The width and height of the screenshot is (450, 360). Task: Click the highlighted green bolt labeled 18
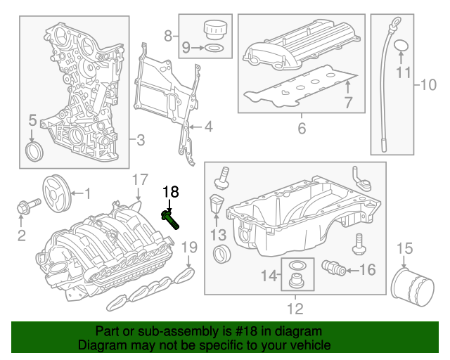click(x=171, y=217)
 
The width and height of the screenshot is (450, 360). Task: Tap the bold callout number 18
click(x=171, y=191)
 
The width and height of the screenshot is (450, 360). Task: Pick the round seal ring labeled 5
click(x=34, y=152)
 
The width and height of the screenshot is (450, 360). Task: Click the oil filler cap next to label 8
click(x=214, y=31)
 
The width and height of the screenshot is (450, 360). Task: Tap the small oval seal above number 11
click(x=401, y=47)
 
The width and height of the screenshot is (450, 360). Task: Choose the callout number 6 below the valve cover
click(x=302, y=129)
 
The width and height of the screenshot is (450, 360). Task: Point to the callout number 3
click(x=140, y=141)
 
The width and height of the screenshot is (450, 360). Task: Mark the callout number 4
click(x=208, y=127)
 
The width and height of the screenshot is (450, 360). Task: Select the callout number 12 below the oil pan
click(x=295, y=308)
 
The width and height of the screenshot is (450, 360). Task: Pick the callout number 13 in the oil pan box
click(x=219, y=233)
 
